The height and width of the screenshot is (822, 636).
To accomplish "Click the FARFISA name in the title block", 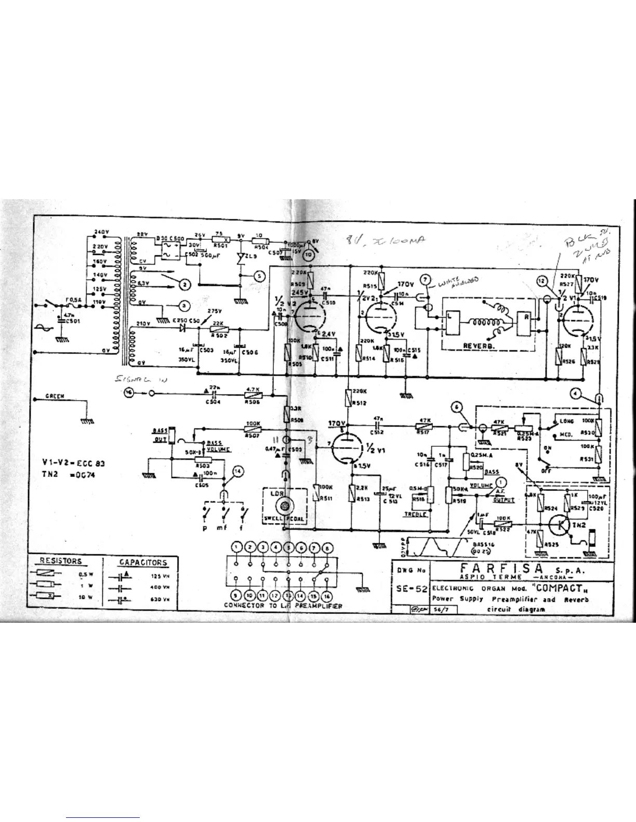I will pos(497,569).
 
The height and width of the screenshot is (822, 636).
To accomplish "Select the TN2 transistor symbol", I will pos(561,525).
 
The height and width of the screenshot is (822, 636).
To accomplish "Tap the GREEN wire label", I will pos(55,396).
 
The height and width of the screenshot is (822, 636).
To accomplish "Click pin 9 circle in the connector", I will pos(237,597).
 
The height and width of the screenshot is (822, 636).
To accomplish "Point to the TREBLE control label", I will pos(416,514).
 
